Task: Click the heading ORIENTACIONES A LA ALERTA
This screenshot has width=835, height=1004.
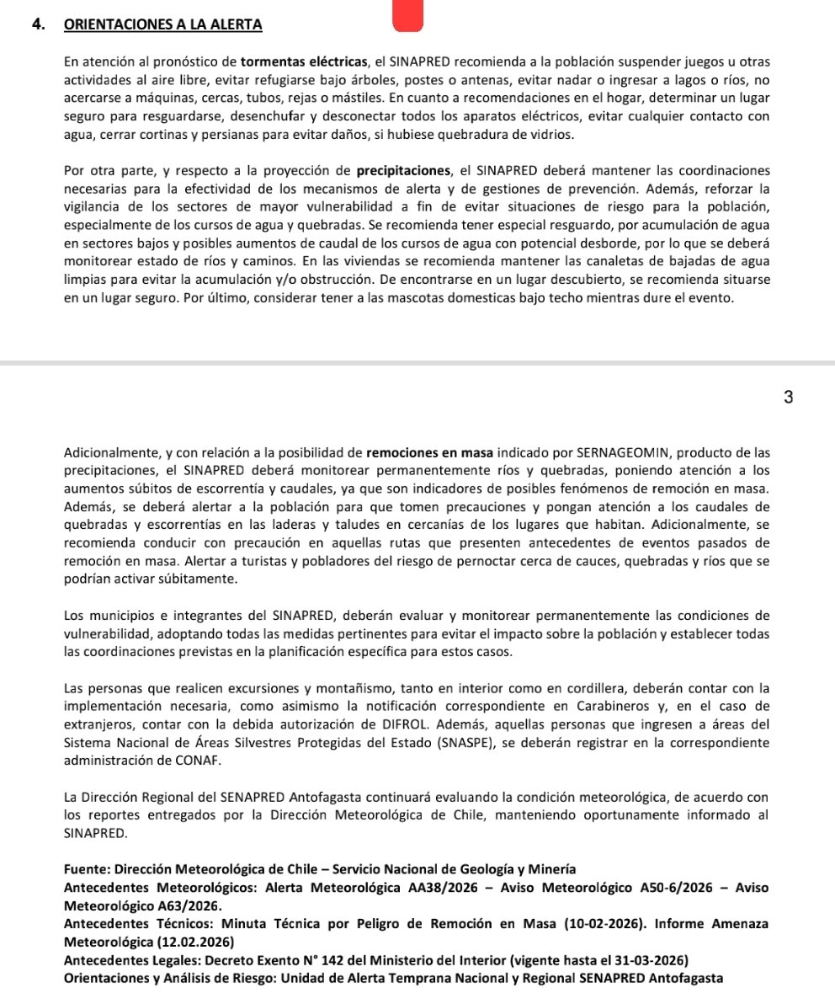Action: point(162,25)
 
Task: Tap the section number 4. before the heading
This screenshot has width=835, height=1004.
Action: point(38,25)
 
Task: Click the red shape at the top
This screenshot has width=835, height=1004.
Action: point(407,16)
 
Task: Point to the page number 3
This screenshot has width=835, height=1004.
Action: point(787,398)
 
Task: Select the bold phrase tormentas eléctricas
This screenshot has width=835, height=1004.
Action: point(305,62)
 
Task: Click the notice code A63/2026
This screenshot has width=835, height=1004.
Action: point(188,906)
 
